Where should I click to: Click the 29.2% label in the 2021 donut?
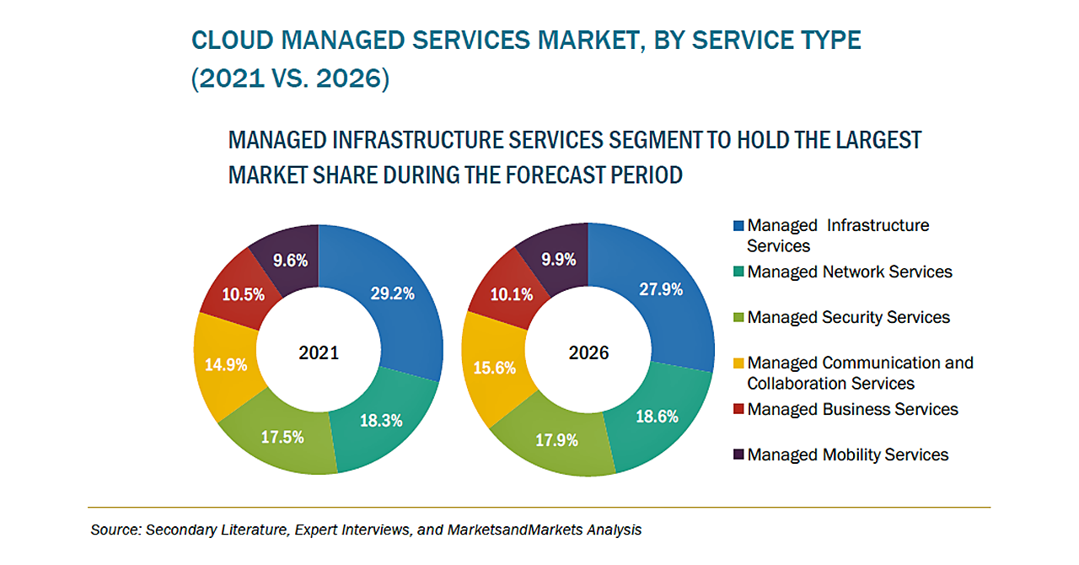393,293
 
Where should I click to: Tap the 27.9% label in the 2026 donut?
662,289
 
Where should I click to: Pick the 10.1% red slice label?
511,294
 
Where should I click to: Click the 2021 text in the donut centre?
319,352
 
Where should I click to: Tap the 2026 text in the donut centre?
588,352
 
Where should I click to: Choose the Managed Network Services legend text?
850,272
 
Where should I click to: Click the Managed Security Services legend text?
848,317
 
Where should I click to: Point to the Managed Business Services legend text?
852,409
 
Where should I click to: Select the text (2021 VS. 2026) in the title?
290,79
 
